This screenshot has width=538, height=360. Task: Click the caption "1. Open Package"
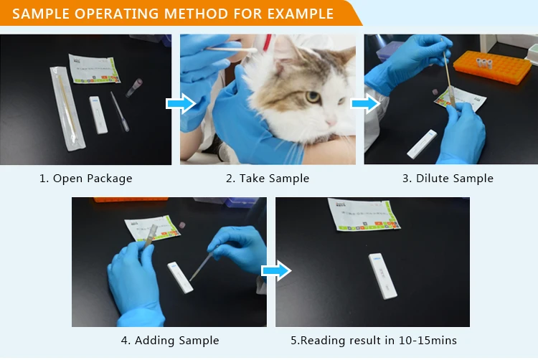click(85, 178)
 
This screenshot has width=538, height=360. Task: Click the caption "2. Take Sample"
click(268, 178)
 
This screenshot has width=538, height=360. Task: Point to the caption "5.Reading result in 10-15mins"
click(374, 340)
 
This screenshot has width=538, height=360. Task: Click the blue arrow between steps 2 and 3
click(365, 105)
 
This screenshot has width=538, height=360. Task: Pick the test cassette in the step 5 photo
click(382, 275)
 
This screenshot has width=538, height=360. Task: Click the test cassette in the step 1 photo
click(98, 115)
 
